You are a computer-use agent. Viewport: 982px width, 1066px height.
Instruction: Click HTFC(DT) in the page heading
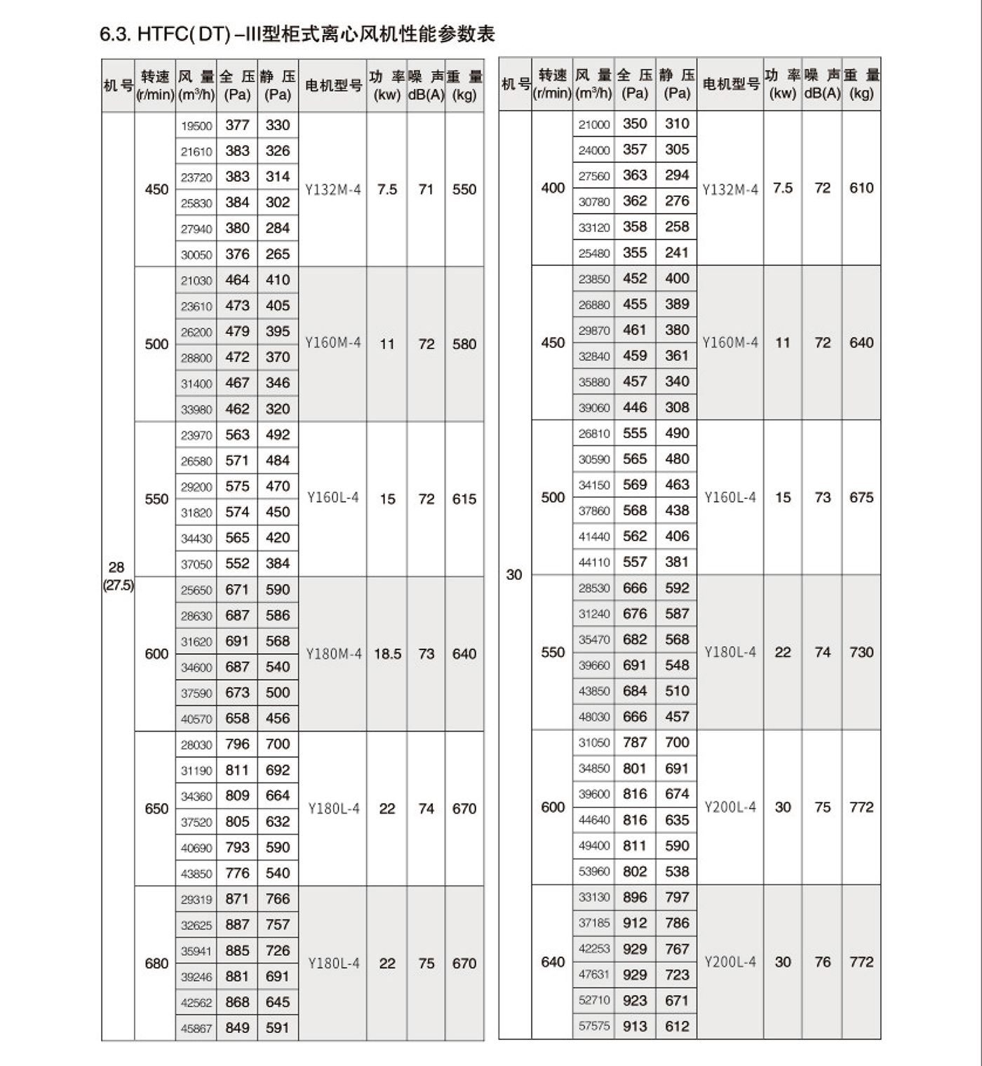click(x=184, y=34)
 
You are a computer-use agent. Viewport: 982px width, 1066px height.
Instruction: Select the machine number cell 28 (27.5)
click(x=117, y=576)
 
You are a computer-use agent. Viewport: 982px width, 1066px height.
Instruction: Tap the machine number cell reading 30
click(x=514, y=574)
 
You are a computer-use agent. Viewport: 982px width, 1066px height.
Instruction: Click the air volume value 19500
click(x=196, y=126)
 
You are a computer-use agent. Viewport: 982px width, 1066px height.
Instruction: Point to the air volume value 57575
click(x=594, y=1026)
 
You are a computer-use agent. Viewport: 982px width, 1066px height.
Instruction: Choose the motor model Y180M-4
click(x=333, y=654)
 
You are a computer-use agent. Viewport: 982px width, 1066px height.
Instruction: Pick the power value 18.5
click(x=387, y=654)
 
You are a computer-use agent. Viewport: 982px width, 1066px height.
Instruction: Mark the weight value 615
click(x=464, y=499)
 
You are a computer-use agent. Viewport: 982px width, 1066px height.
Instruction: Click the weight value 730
click(x=861, y=652)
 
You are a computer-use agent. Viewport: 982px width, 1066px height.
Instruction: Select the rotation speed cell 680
click(x=156, y=964)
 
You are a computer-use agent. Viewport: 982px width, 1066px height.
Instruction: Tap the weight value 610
click(x=861, y=188)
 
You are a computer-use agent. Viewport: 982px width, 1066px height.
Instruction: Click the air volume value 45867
click(x=196, y=1028)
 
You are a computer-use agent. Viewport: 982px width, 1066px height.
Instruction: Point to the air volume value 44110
click(x=594, y=562)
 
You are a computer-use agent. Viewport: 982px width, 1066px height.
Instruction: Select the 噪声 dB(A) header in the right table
click(x=822, y=84)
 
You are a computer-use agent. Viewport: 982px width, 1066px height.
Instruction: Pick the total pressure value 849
click(x=237, y=1027)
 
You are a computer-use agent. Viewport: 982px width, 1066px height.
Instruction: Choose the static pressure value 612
click(x=677, y=1026)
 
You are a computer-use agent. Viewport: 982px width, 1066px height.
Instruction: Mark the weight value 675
click(x=861, y=497)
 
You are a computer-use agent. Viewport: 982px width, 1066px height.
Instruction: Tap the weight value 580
click(x=464, y=344)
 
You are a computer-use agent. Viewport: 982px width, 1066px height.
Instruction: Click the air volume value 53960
click(x=594, y=872)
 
